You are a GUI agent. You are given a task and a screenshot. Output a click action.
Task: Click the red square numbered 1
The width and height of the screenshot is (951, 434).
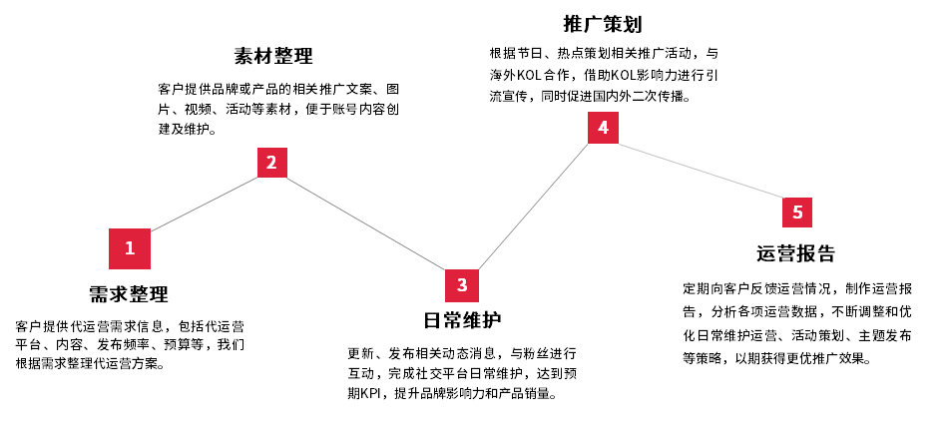[x=130, y=248]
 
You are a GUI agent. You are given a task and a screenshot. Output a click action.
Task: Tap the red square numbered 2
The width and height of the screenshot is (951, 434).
[x=272, y=163]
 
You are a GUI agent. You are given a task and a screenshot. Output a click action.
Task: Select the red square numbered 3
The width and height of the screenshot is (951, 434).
[x=462, y=285]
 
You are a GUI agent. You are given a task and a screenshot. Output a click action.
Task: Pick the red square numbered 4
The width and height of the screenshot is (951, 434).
[x=603, y=128]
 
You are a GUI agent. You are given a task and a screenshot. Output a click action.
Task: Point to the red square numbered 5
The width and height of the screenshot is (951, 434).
[x=797, y=213]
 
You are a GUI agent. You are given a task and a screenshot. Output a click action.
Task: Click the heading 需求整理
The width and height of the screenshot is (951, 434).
[x=129, y=294]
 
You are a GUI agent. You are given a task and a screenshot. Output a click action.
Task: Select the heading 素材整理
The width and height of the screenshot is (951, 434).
[x=273, y=56]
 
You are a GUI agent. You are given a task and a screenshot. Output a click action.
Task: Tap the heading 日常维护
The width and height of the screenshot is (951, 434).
[x=462, y=319]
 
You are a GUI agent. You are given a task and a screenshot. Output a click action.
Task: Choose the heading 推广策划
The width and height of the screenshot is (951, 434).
[x=603, y=24]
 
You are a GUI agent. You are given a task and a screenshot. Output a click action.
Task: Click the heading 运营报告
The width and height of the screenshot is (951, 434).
[x=795, y=253]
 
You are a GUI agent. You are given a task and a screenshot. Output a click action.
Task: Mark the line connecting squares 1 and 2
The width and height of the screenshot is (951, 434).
[x=204, y=204]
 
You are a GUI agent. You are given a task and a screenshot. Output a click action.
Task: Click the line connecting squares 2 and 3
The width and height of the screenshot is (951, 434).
[x=366, y=223]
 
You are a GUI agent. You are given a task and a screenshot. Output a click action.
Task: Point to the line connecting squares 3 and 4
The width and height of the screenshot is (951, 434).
[x=533, y=207]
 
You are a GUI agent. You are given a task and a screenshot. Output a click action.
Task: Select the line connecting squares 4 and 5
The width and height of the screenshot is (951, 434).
[x=701, y=171]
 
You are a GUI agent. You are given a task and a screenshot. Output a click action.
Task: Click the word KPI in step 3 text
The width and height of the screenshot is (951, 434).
[x=370, y=393]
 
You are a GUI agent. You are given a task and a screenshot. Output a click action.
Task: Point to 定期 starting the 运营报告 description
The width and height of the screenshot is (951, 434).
[x=695, y=288]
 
